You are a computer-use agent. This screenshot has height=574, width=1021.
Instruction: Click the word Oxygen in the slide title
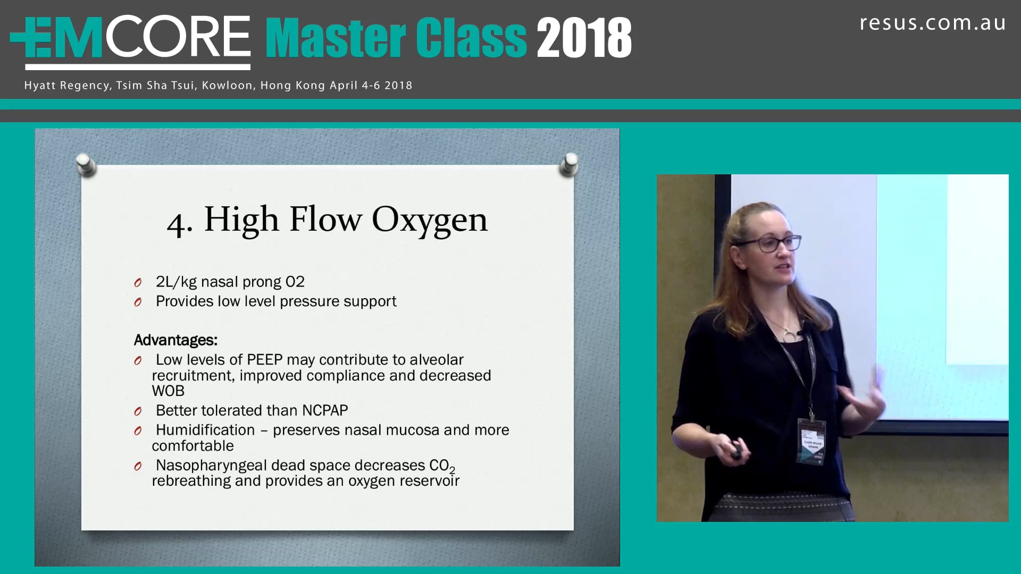429,220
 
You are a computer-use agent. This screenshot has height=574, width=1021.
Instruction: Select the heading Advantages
175,340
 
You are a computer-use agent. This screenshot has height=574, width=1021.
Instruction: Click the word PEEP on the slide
264,360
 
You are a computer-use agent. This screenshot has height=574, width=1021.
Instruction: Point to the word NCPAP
325,410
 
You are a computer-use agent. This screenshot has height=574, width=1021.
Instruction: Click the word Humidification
205,430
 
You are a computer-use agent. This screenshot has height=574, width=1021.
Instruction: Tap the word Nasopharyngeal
211,466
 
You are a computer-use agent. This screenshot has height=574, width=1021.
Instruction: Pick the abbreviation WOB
168,391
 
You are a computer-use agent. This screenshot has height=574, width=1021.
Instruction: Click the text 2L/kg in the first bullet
176,282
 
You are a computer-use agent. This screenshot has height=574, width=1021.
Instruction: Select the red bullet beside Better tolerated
138,411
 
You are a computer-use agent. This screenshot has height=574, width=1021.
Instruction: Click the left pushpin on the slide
86,164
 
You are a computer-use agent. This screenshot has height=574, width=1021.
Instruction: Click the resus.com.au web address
933,23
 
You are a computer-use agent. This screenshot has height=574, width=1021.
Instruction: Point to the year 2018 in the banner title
584,38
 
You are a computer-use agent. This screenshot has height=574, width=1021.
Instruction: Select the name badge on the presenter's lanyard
811,441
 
